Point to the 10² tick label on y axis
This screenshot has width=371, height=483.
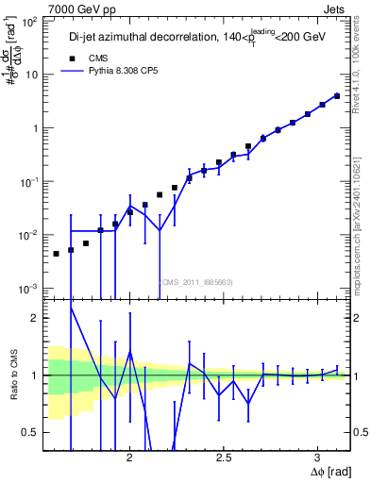(28, 21)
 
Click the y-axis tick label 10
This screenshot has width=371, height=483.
(31, 75)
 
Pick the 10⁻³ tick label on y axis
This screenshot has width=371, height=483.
(28, 288)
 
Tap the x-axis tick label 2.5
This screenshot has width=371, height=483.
(224, 458)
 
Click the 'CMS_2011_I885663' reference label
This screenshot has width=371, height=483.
(195, 281)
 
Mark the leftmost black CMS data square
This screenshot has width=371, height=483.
(57, 253)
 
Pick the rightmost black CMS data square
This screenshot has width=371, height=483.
(337, 95)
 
